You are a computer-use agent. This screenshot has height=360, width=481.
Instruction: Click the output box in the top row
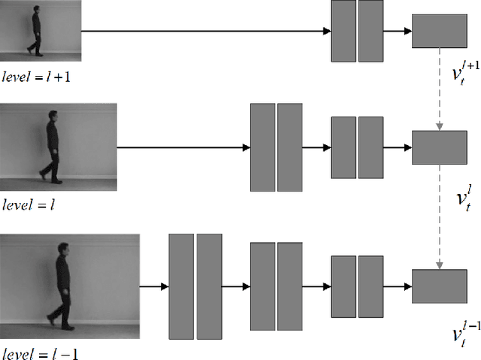point(439,32)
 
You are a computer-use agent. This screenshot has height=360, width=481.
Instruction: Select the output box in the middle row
point(439,147)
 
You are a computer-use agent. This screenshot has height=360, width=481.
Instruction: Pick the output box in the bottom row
point(439,286)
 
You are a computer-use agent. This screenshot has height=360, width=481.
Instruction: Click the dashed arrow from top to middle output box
point(439,89)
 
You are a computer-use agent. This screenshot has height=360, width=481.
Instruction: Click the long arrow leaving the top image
point(203,32)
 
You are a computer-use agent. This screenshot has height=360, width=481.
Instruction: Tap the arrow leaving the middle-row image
point(182,147)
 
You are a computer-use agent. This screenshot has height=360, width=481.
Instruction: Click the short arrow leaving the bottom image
point(153,286)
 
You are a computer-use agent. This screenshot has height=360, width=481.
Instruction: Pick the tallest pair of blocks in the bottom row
point(195,286)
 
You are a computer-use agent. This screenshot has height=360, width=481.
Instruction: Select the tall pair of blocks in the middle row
point(276,147)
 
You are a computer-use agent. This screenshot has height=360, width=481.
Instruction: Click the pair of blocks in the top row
point(357,32)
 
